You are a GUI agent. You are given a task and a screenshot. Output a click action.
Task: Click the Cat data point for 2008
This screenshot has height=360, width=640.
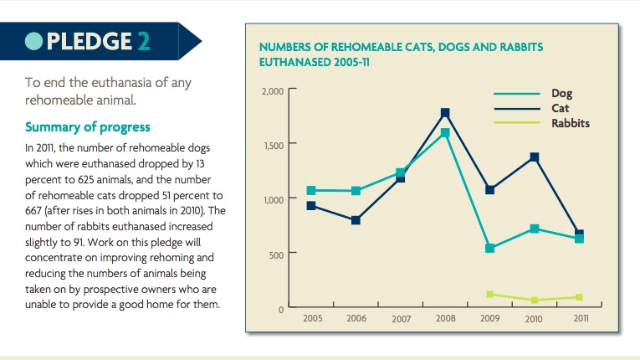pyautogui.click(x=445, y=113)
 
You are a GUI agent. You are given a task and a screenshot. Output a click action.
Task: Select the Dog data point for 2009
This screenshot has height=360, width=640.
pyautogui.click(x=489, y=249)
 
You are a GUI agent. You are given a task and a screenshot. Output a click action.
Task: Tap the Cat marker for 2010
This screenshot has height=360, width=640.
pyautogui.click(x=534, y=157)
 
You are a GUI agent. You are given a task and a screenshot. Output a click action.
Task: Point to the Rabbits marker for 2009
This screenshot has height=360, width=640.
pyautogui.click(x=489, y=295)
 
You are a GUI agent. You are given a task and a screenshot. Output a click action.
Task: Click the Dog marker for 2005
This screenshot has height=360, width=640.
pyautogui.click(x=311, y=191)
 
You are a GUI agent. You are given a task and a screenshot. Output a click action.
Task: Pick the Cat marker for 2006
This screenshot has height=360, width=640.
pyautogui.click(x=356, y=220)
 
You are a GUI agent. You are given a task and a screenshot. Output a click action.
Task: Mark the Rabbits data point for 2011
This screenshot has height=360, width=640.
pyautogui.click(x=578, y=297)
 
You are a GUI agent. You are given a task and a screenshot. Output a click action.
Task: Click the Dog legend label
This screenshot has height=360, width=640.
pyautogui.click(x=561, y=94)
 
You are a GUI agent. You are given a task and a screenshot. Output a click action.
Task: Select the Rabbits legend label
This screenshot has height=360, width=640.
pyautogui.click(x=571, y=123)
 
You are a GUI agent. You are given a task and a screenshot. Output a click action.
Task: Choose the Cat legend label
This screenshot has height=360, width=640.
pyautogui.click(x=560, y=108)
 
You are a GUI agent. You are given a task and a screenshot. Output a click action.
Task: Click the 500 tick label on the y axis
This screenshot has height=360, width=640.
pyautogui.click(x=278, y=255)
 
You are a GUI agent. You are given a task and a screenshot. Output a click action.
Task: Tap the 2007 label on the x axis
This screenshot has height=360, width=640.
pyautogui.click(x=401, y=320)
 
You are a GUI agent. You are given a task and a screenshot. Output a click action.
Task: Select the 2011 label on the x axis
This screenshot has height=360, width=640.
pyautogui.click(x=581, y=319)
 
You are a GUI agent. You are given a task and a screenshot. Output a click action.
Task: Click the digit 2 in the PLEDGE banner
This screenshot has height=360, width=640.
pyautogui.click(x=143, y=40)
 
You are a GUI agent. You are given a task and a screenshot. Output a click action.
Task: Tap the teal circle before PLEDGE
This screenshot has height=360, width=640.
pyautogui.click(x=34, y=40)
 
